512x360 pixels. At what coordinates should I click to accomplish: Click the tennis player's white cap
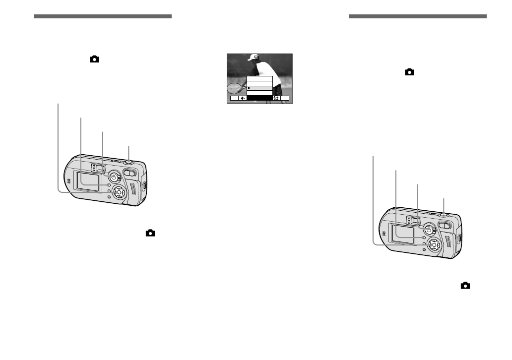pyautogui.click(x=255, y=57)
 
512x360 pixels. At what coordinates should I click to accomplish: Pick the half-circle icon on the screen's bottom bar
pyautogui.click(x=243, y=98)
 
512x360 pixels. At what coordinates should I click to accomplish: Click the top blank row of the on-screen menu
pyautogui.click(x=260, y=78)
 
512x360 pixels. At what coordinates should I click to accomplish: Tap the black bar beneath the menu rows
pyautogui.click(x=260, y=98)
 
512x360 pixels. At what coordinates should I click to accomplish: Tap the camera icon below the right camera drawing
pyautogui.click(x=465, y=286)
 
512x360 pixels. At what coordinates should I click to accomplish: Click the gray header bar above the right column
pyautogui.click(x=418, y=16)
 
